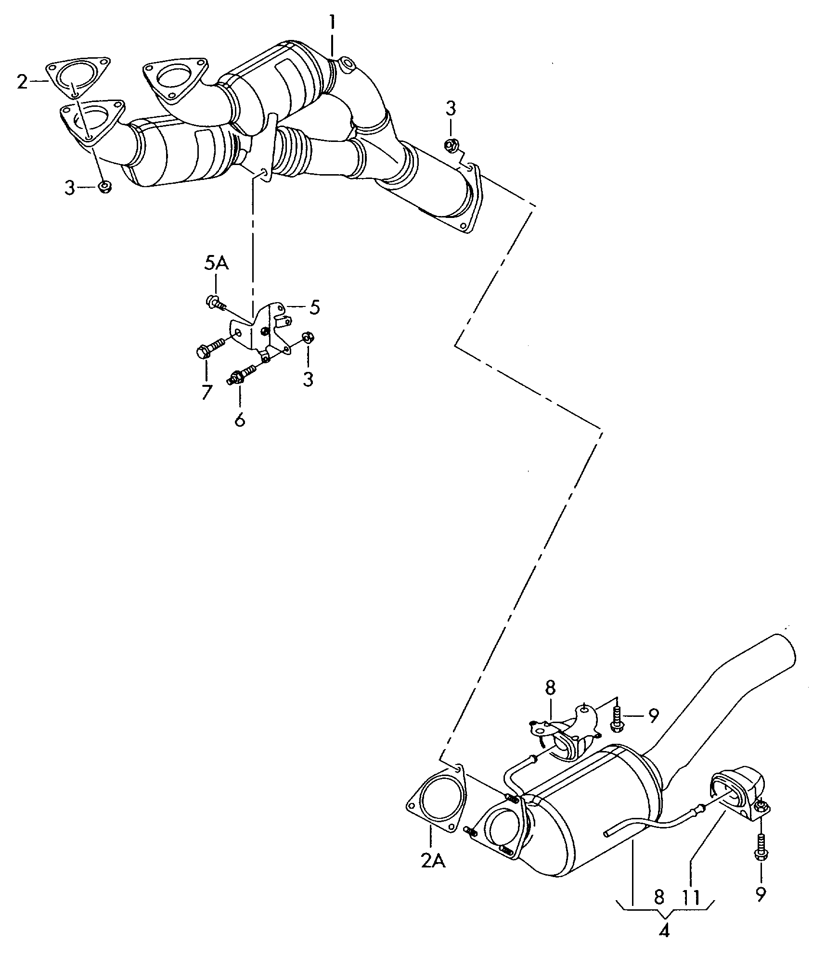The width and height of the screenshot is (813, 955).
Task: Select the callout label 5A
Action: (x=217, y=264)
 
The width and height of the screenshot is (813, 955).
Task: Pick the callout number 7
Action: (x=206, y=393)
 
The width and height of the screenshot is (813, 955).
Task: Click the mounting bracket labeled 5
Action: (x=262, y=330)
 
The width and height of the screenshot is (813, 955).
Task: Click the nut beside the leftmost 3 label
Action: (x=104, y=187)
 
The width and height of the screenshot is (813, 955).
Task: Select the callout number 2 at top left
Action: (x=22, y=82)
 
